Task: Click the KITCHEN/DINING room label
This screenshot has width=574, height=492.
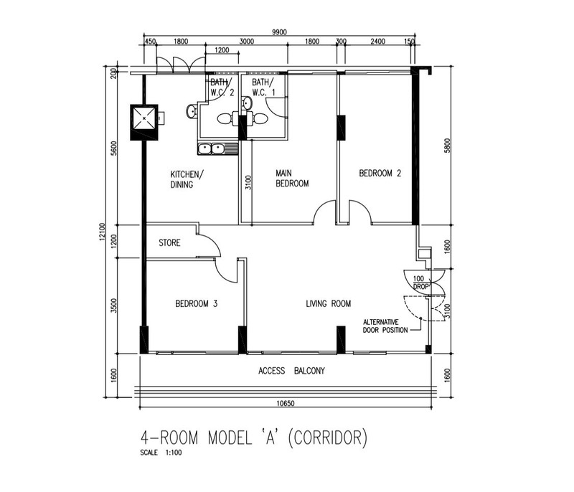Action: [x=186, y=179]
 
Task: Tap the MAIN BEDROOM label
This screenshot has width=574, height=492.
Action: [x=292, y=178]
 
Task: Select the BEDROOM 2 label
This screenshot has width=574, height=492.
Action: [x=380, y=173]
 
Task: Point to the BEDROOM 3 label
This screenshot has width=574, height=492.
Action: [x=196, y=303]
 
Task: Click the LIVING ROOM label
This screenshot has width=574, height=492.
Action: [x=329, y=303]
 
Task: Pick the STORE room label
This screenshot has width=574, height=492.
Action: [x=169, y=243]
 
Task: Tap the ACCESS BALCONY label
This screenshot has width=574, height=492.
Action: [x=291, y=371]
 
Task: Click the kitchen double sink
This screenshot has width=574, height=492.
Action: [x=218, y=149]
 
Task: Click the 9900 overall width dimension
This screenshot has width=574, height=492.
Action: [x=279, y=32]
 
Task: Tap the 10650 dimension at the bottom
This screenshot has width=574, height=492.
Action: [x=286, y=404]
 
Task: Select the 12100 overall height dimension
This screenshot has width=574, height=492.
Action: [x=102, y=232]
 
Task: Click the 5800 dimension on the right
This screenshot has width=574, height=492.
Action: [x=447, y=145]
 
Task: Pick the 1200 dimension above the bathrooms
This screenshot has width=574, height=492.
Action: [x=222, y=50]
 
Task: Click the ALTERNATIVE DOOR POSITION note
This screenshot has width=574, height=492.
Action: [x=385, y=326]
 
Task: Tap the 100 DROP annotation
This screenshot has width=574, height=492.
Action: [x=420, y=283]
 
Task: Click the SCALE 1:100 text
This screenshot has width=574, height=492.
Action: [x=161, y=453]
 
